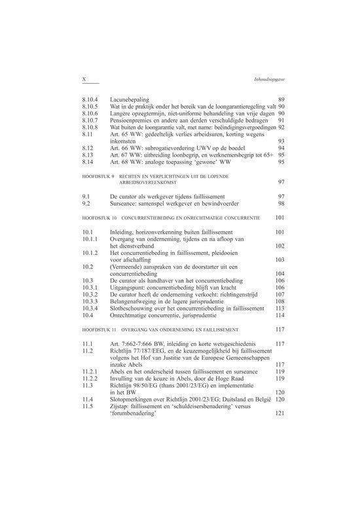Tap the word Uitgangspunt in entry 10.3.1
(130, 286)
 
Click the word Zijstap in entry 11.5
(122, 407)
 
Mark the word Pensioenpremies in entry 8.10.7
(135, 120)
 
